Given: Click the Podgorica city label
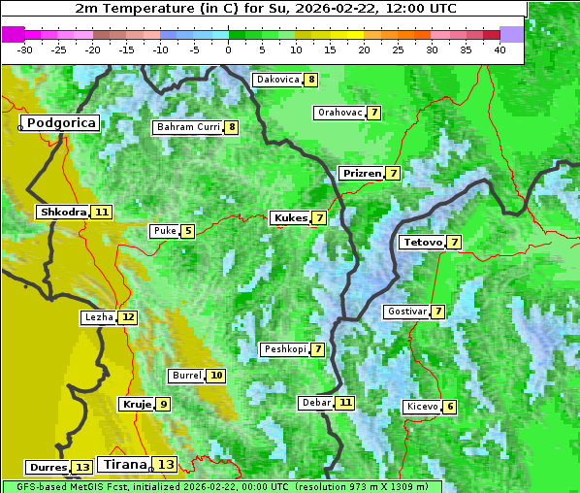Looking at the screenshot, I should coord(61,123).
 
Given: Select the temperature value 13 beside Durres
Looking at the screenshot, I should coord(82,468).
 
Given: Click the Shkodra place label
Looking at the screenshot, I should coord(63,212).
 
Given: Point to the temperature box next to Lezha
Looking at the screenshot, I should coord(128,317).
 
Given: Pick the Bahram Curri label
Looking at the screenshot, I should coord(188,127).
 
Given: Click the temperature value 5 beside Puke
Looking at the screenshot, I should coord(188,231).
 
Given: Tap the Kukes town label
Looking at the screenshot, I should coord(290,218).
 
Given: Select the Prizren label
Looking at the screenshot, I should coord(362,174).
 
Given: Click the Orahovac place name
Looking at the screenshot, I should coord(339,113).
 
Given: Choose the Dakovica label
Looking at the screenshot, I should coord(277,80).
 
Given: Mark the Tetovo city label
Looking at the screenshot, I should coord(422,242).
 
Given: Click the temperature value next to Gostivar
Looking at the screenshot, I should coord(438,312).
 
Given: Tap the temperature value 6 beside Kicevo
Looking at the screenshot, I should coord(450,407).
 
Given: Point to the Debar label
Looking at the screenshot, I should coord(316,402).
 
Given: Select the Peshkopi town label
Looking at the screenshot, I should coord(284,349).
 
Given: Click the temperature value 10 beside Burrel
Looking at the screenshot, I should coord(216,376).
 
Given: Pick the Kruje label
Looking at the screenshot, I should coord(137,404).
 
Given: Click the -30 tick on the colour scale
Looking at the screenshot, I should coord(25,49).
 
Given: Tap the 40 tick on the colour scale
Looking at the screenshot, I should coord(499,49).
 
